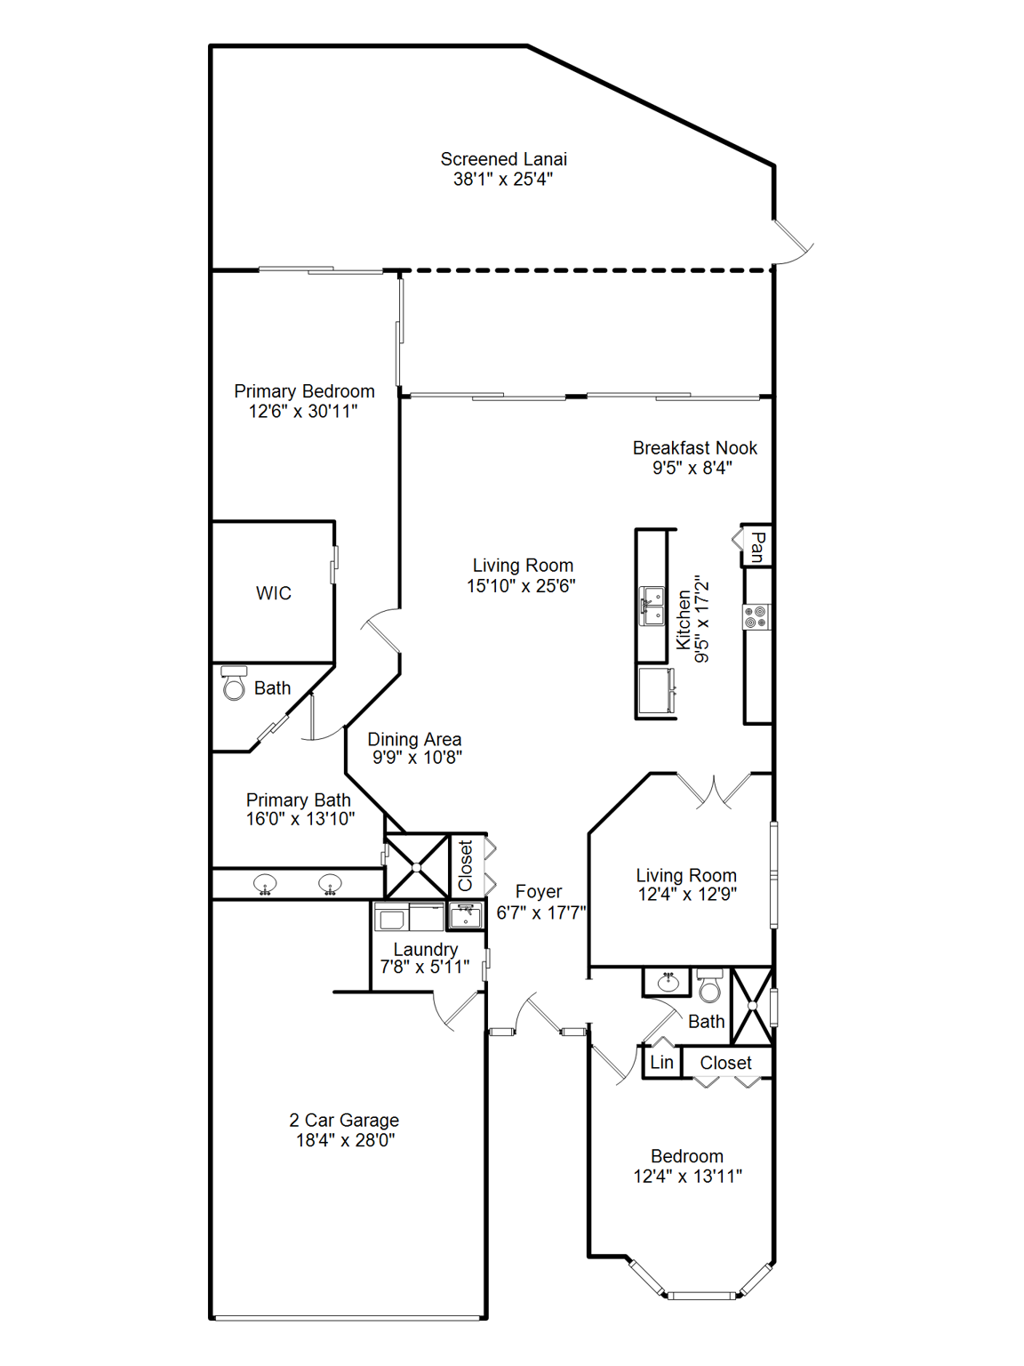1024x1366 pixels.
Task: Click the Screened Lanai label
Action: tap(503, 159)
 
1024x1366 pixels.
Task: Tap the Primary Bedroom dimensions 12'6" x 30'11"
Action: tap(303, 411)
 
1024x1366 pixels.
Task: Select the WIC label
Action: tap(273, 593)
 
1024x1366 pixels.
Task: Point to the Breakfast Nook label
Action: tap(694, 448)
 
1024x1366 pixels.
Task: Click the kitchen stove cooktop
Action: tap(756, 616)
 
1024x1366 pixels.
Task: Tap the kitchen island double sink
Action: tap(652, 606)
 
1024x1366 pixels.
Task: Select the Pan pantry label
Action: tap(757, 546)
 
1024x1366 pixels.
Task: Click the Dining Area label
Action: tap(414, 739)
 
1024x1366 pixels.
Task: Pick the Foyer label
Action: tap(539, 892)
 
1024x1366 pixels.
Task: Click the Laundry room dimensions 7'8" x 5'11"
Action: tap(425, 967)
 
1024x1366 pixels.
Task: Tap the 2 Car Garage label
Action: tap(344, 1121)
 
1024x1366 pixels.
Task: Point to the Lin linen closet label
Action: tap(661, 1062)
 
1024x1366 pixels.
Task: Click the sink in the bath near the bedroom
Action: tap(668, 982)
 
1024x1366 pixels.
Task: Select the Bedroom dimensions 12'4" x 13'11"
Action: tap(687, 1176)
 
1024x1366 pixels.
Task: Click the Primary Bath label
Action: tap(298, 800)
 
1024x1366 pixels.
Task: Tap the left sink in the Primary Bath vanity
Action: tap(265, 884)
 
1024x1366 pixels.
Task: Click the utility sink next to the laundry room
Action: tap(466, 914)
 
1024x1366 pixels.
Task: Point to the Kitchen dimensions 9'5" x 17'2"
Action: tap(702, 618)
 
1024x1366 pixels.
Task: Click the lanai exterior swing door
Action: tap(791, 242)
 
